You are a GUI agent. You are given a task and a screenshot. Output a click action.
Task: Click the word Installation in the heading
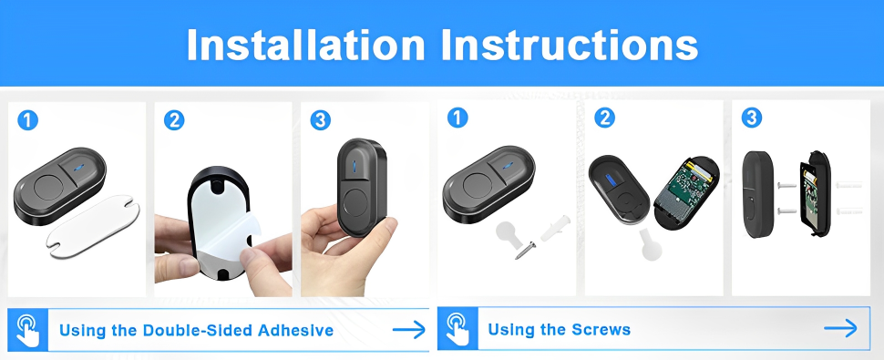[305, 45]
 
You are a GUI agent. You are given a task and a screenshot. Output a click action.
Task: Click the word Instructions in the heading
[570, 45]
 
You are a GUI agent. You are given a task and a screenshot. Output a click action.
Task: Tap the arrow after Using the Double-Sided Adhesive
[409, 330]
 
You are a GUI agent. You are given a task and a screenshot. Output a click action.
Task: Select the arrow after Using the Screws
[840, 328]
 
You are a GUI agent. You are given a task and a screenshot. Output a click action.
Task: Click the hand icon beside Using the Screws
[457, 328]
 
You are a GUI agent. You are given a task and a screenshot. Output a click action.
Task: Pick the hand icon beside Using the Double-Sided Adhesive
[27, 330]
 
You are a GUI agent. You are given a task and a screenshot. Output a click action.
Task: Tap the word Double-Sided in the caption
[198, 330]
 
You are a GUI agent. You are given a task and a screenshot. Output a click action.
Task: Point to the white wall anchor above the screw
[555, 228]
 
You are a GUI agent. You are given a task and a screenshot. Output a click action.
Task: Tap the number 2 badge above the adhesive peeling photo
[174, 120]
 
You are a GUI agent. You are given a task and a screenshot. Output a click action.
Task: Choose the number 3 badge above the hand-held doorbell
[321, 120]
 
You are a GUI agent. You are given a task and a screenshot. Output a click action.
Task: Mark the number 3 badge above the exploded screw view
[752, 118]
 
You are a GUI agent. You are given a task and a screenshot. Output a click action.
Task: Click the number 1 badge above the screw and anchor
[457, 118]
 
